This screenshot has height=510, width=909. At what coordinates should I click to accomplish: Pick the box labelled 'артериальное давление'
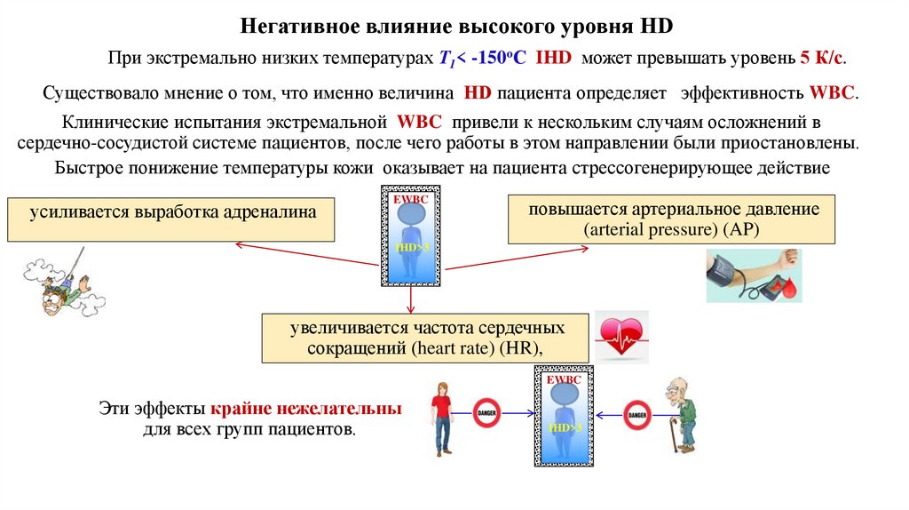pyautogui.click(x=671, y=219)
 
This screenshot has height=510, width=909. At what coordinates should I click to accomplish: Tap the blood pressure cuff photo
pyautogui.click(x=753, y=275)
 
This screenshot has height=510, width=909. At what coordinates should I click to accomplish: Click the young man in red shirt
pyautogui.click(x=442, y=418)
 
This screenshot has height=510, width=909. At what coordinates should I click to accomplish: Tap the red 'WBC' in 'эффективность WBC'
pyautogui.click(x=833, y=93)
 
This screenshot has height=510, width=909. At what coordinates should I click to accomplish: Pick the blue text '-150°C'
pyautogui.click(x=501, y=59)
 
